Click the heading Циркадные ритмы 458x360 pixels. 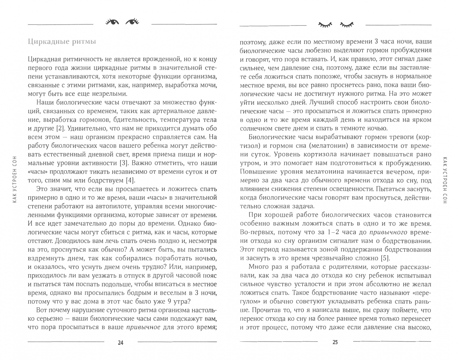point(62,42)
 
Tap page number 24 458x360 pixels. point(121,342)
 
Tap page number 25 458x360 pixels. point(335,342)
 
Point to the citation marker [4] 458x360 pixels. point(129,180)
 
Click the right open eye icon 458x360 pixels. point(132,22)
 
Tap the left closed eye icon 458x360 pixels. point(325,24)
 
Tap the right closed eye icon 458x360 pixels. point(347,24)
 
